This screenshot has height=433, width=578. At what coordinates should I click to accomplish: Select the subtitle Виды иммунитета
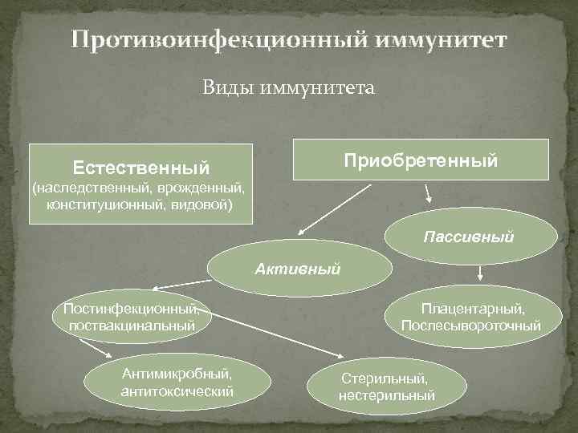[288, 87]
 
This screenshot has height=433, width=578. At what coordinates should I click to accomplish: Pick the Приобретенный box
[421, 160]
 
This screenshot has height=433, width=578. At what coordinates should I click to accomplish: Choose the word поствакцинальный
[132, 326]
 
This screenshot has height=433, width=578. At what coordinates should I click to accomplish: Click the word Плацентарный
[473, 309]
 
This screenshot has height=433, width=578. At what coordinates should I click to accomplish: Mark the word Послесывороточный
[471, 326]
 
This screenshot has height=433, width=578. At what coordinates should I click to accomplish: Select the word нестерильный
[386, 395]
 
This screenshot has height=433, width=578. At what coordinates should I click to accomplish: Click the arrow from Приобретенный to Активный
[336, 208]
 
